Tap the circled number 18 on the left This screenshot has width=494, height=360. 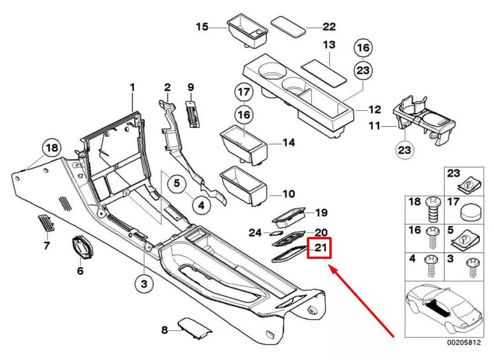(52, 148)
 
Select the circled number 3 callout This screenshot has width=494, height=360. (144, 285)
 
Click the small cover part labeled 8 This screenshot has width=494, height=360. (194, 328)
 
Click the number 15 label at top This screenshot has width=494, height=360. (202, 27)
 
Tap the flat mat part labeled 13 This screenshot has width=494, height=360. (324, 72)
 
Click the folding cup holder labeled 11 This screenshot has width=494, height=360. (424, 121)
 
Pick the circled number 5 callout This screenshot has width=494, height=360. (177, 184)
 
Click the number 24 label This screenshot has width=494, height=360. (255, 233)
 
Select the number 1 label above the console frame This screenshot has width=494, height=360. (132, 86)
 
